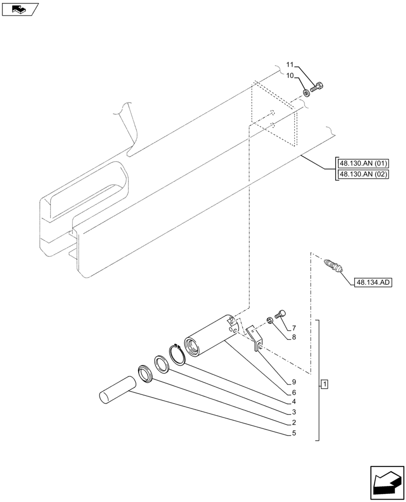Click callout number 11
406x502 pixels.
pyautogui.click(x=290, y=65)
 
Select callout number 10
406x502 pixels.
pyautogui.click(x=290, y=76)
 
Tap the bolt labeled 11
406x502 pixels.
pyautogui.click(x=317, y=87)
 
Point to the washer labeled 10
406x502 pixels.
pyautogui.click(x=306, y=93)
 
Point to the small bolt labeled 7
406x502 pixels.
pyautogui.click(x=280, y=315)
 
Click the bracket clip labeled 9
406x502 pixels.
pyautogui.click(x=255, y=337)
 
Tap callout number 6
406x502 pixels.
pyautogui.click(x=294, y=393)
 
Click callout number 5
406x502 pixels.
pyautogui.click(x=294, y=433)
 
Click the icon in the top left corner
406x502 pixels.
pyautogui.click(x=20, y=9)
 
